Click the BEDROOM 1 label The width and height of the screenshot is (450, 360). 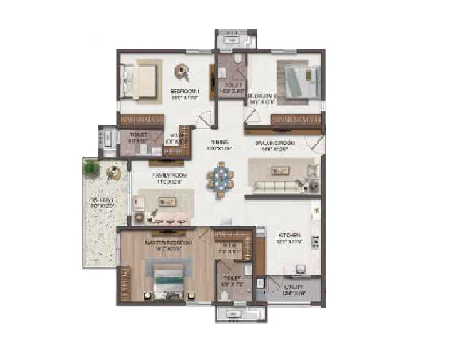pyautogui.click(x=185, y=92)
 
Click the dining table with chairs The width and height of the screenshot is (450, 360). pyautogui.click(x=220, y=179)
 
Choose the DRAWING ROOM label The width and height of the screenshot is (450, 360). pyautogui.click(x=274, y=143)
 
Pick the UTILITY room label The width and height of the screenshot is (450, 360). pyautogui.click(x=293, y=287)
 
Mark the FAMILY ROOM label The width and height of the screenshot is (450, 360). pyautogui.click(x=169, y=175)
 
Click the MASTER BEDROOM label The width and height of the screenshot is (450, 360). pyautogui.click(x=169, y=243)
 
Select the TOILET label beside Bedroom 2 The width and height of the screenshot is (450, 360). pyautogui.click(x=233, y=85)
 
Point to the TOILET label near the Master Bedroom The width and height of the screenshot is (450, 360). pyautogui.click(x=232, y=279)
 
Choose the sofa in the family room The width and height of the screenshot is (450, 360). pyautogui.click(x=166, y=202)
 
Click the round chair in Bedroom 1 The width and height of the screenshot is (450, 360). pyautogui.click(x=182, y=70)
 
